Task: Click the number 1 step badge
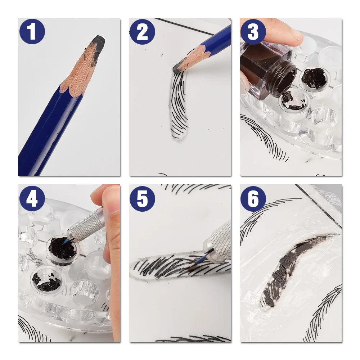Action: pyautogui.click(x=32, y=31)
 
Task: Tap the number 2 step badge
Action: pyautogui.click(x=142, y=32)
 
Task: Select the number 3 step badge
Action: pyautogui.click(x=253, y=32)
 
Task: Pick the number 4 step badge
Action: pyautogui.click(x=32, y=199)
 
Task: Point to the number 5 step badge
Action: pyautogui.click(x=142, y=199)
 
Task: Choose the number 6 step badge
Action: pyautogui.click(x=253, y=199)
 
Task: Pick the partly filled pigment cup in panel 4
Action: pyautogui.click(x=47, y=279)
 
